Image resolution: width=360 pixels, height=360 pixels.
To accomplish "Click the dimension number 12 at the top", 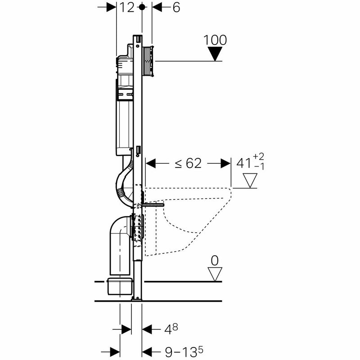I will (127, 8).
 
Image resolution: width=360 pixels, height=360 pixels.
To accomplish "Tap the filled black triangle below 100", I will (216, 54).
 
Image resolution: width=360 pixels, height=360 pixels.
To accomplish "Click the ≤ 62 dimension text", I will (188, 164).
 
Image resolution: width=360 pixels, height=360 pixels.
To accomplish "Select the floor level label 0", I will (216, 261).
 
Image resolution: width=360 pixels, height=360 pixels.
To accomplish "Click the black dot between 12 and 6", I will (142, 8).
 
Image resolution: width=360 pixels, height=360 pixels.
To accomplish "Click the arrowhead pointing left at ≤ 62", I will (150, 164).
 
